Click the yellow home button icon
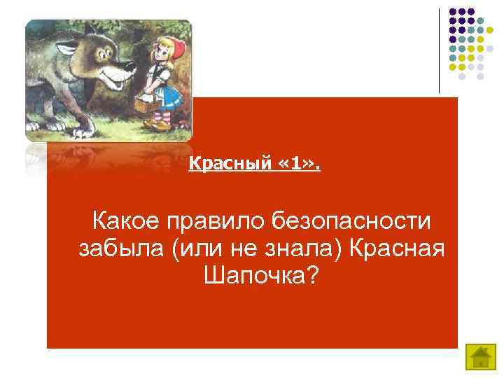(x=479, y=358)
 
